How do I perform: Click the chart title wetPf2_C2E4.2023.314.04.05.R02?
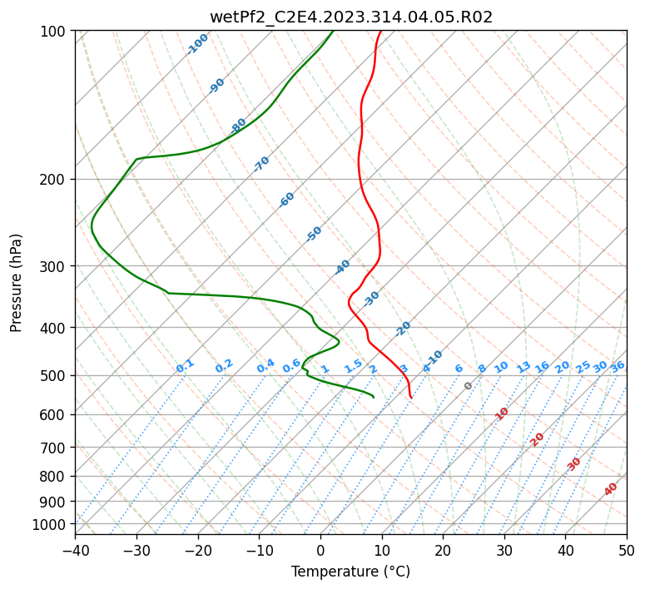tap(351, 17)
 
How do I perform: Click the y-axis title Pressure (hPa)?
tap(16, 283)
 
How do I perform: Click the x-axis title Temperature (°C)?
tap(351, 572)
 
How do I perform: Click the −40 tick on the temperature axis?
tap(75, 550)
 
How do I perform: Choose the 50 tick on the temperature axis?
tap(627, 550)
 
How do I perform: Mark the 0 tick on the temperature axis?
tap(321, 550)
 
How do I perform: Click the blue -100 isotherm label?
tap(197, 44)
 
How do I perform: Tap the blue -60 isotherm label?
tap(286, 200)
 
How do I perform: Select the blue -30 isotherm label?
tap(371, 299)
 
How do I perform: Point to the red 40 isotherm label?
tap(611, 489)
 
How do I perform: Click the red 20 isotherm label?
tap(537, 440)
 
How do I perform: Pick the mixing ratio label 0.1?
tap(185, 366)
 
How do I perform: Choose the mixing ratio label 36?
tap(618, 367)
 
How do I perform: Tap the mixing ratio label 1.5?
tap(354, 366)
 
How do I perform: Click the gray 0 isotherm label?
tap(468, 386)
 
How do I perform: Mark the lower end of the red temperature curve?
tap(411, 398)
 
